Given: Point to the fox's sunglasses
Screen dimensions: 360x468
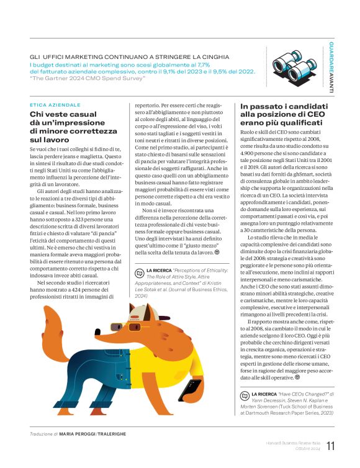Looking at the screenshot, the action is [x=146, y=308].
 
